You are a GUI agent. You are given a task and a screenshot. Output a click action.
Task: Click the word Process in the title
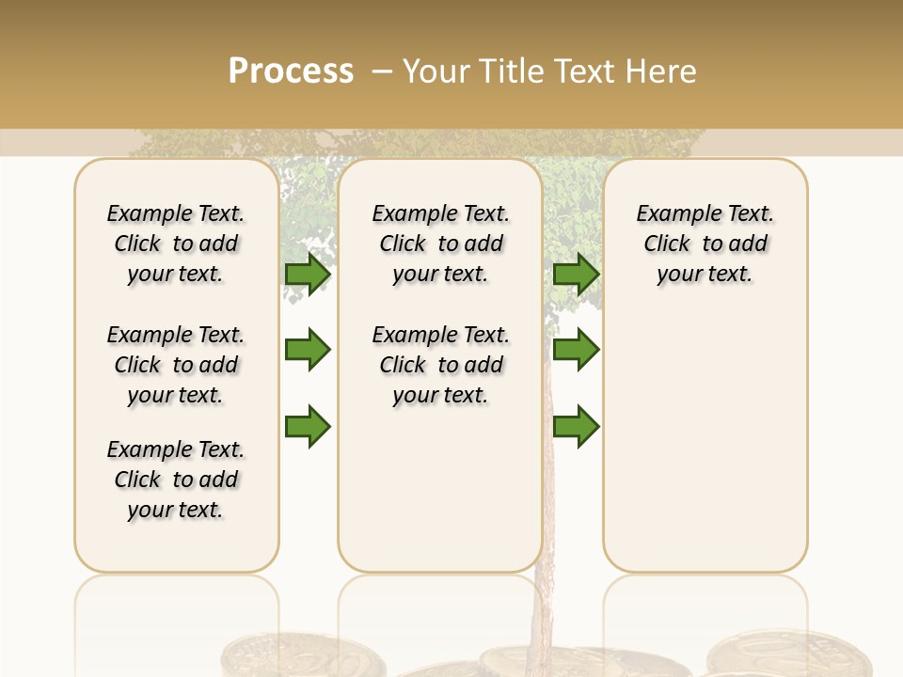coord(291,71)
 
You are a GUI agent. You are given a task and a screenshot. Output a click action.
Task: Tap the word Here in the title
coord(663,71)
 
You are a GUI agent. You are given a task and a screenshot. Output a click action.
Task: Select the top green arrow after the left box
coord(308,274)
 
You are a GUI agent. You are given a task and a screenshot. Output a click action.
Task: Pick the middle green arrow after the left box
coord(308,350)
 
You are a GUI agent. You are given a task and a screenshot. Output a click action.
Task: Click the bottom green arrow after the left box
coord(308,427)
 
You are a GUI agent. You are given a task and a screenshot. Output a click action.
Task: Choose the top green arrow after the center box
coord(576,274)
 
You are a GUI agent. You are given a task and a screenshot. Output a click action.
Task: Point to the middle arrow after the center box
coord(576,350)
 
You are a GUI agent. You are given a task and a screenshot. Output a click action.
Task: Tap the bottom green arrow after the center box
coord(576,427)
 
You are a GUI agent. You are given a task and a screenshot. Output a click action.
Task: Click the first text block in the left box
coord(176,244)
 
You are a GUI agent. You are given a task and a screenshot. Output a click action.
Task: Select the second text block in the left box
coord(176,365)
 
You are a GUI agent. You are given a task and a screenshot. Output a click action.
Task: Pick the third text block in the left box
coord(176,480)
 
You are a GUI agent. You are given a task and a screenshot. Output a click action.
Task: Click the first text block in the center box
coord(441,244)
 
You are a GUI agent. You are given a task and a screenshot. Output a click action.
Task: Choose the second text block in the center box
coord(441,365)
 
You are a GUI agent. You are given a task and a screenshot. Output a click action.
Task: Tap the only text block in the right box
coord(705,244)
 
